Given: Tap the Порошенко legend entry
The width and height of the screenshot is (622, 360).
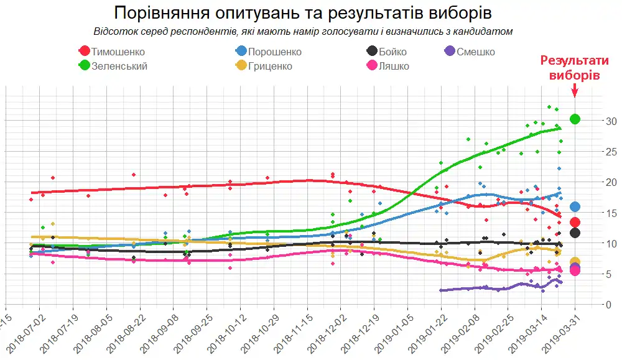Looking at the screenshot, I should coord(267,52).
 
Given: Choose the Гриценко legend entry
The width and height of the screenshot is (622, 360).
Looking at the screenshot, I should coord(264,65).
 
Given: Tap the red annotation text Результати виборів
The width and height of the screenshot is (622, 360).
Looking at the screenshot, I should coord(575,68).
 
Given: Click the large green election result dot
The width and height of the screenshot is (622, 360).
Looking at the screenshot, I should coord(575,119).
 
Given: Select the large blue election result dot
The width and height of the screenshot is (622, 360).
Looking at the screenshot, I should coord(575,206).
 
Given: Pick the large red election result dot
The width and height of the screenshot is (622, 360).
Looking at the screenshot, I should coord(575,222).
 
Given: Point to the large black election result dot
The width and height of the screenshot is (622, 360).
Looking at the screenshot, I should coord(575,233).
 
